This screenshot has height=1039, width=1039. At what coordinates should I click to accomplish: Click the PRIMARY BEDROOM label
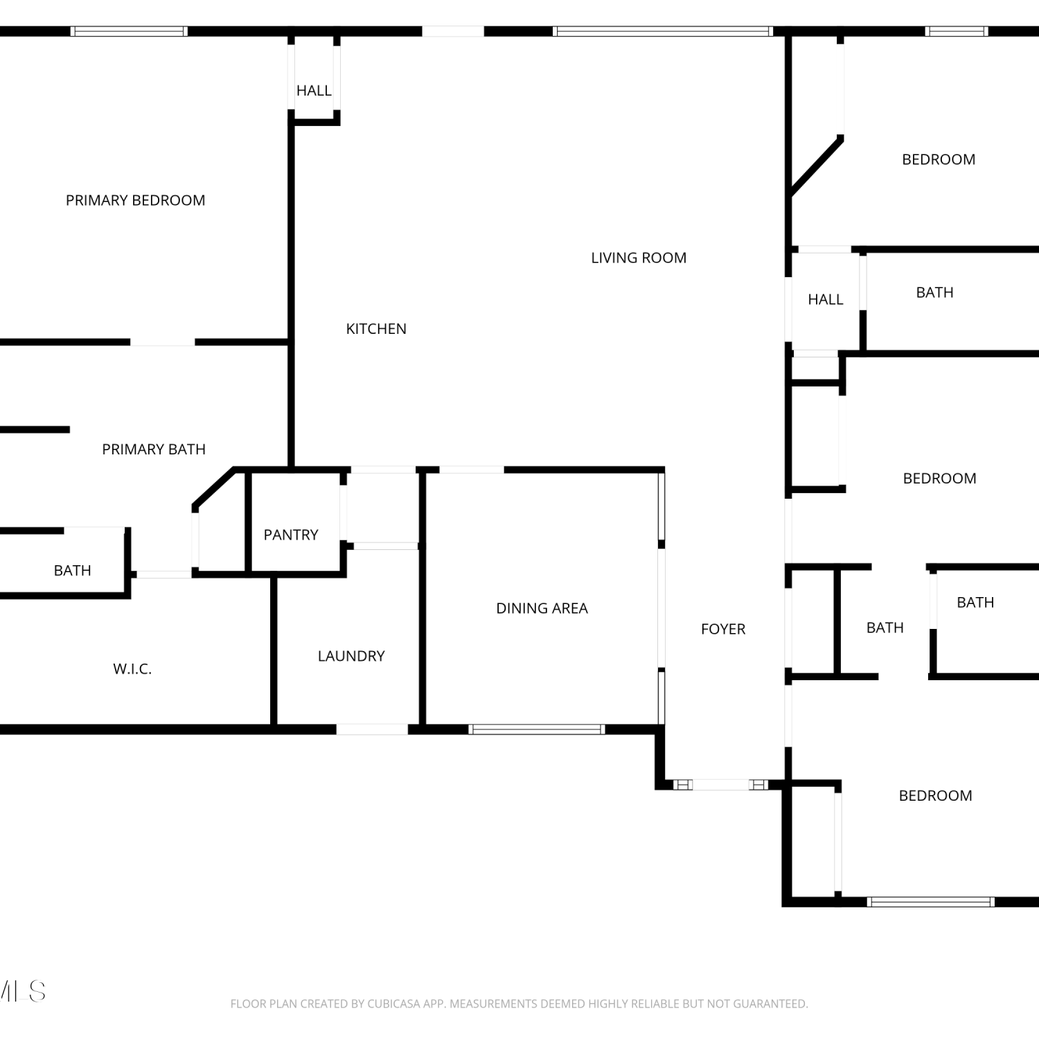point(135,200)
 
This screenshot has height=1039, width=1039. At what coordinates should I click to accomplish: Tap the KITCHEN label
point(376,329)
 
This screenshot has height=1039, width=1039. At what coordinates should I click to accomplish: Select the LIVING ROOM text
point(639,258)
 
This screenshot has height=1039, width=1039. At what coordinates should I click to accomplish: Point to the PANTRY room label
point(291,535)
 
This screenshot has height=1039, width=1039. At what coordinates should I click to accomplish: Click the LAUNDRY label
point(351,656)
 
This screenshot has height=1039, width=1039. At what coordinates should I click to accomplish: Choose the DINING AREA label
point(542,608)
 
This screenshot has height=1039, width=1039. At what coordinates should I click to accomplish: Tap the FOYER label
point(723,629)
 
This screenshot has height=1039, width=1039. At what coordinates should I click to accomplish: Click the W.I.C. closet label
point(132,669)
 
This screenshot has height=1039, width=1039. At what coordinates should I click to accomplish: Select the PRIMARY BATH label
point(154,450)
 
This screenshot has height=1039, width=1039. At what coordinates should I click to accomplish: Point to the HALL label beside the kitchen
point(314,91)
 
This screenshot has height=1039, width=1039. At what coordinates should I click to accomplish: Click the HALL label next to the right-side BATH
point(826,300)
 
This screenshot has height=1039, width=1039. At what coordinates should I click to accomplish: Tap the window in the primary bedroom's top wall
point(129,31)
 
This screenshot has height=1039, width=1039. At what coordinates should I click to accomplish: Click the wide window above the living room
point(663,31)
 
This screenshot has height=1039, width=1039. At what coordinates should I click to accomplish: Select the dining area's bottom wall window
point(537,729)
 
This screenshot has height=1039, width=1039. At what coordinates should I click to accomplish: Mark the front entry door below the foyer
point(720,785)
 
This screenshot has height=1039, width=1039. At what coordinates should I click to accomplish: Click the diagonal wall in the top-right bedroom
point(817,167)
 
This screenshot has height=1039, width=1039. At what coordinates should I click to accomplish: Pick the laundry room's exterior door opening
point(372,729)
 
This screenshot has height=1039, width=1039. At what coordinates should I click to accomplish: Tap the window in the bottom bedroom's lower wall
point(930,902)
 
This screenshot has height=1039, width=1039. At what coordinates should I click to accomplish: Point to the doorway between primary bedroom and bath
point(163,342)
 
